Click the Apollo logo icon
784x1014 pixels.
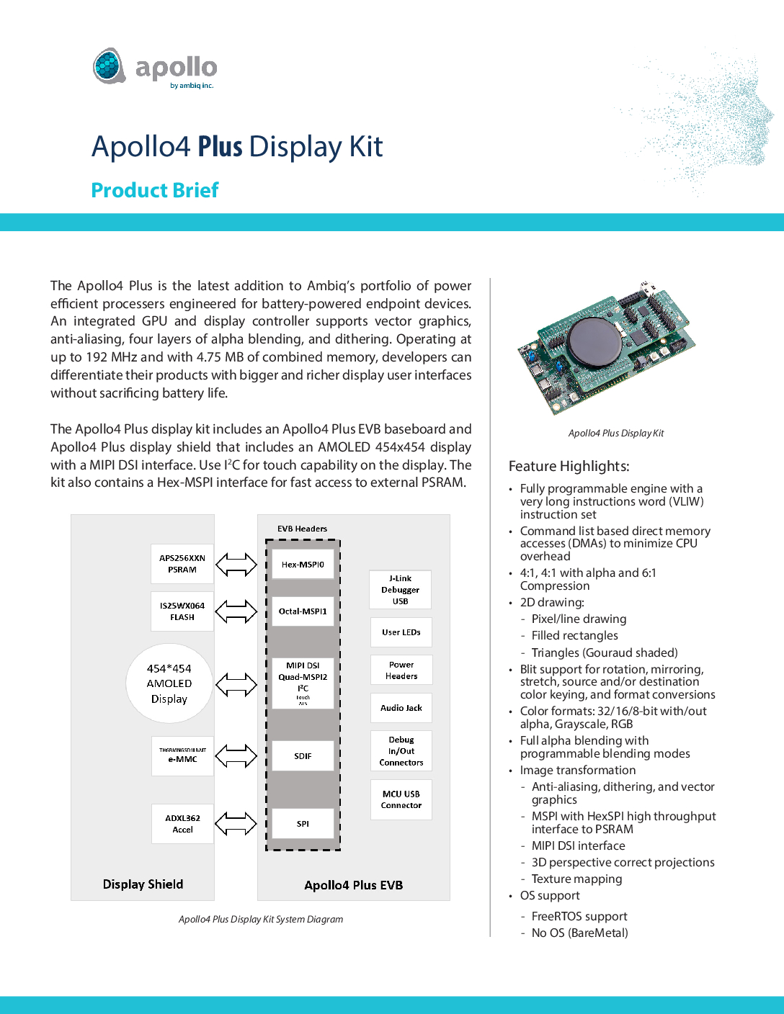click(x=110, y=66)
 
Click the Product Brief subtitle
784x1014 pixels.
click(x=155, y=190)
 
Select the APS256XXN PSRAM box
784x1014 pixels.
click(x=182, y=564)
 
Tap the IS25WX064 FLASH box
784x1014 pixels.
click(x=182, y=611)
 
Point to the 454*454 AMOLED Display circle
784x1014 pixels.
click(x=169, y=683)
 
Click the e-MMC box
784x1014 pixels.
click(x=182, y=755)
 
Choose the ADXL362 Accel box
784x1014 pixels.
click(x=182, y=824)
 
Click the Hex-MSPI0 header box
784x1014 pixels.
click(x=303, y=565)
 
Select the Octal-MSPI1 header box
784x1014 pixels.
click(x=303, y=611)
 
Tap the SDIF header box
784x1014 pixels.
click(x=303, y=756)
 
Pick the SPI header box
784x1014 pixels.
click(x=303, y=824)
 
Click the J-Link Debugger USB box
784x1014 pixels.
click(x=401, y=590)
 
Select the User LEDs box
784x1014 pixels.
click(x=401, y=632)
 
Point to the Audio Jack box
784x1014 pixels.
click(x=401, y=708)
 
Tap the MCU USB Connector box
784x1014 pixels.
click(x=401, y=799)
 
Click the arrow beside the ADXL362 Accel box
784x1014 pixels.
click(x=236, y=823)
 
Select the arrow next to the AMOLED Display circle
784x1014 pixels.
click(x=236, y=684)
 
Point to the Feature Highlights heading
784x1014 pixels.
click(x=569, y=466)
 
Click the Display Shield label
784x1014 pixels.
click(x=143, y=884)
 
